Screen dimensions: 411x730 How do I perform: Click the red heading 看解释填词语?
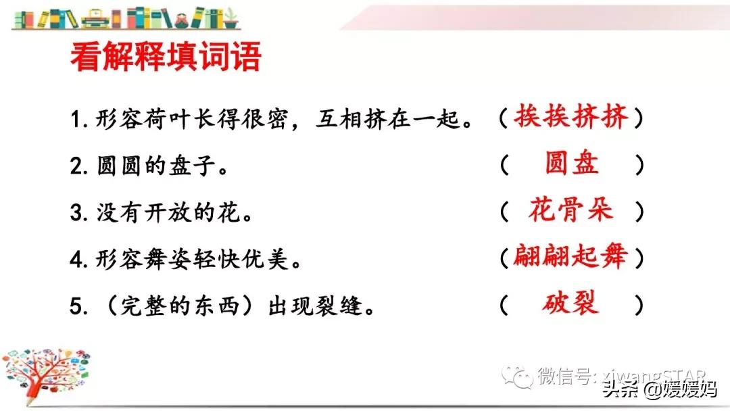165,57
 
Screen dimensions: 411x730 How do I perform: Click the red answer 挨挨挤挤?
570,118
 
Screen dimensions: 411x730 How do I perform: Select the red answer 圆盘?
572,164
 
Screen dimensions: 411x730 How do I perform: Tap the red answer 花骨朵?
570,211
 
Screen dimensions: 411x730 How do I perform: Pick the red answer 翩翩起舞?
570,256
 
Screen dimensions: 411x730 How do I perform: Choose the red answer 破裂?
570,304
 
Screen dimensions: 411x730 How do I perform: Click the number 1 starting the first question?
76,120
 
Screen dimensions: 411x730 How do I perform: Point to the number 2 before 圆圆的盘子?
76,166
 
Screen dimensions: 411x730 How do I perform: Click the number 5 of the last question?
76,306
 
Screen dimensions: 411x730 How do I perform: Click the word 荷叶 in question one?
163,120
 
